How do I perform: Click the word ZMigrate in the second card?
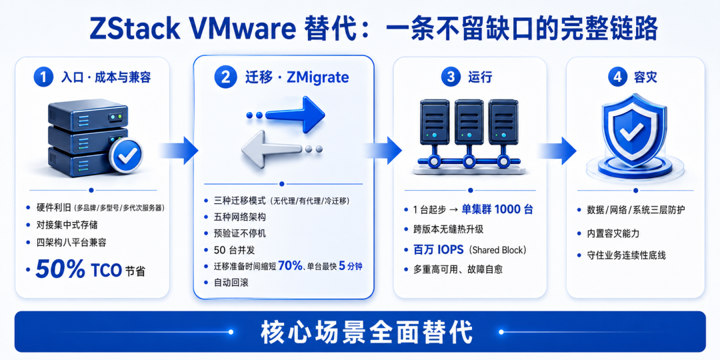[x=317, y=77]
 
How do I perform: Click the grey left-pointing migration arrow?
[x=281, y=149]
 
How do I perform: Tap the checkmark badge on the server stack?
[x=125, y=156]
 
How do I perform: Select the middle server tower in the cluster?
[x=469, y=119]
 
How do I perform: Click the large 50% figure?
[x=60, y=269]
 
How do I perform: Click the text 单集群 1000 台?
[x=497, y=210]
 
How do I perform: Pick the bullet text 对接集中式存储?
[x=67, y=225]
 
